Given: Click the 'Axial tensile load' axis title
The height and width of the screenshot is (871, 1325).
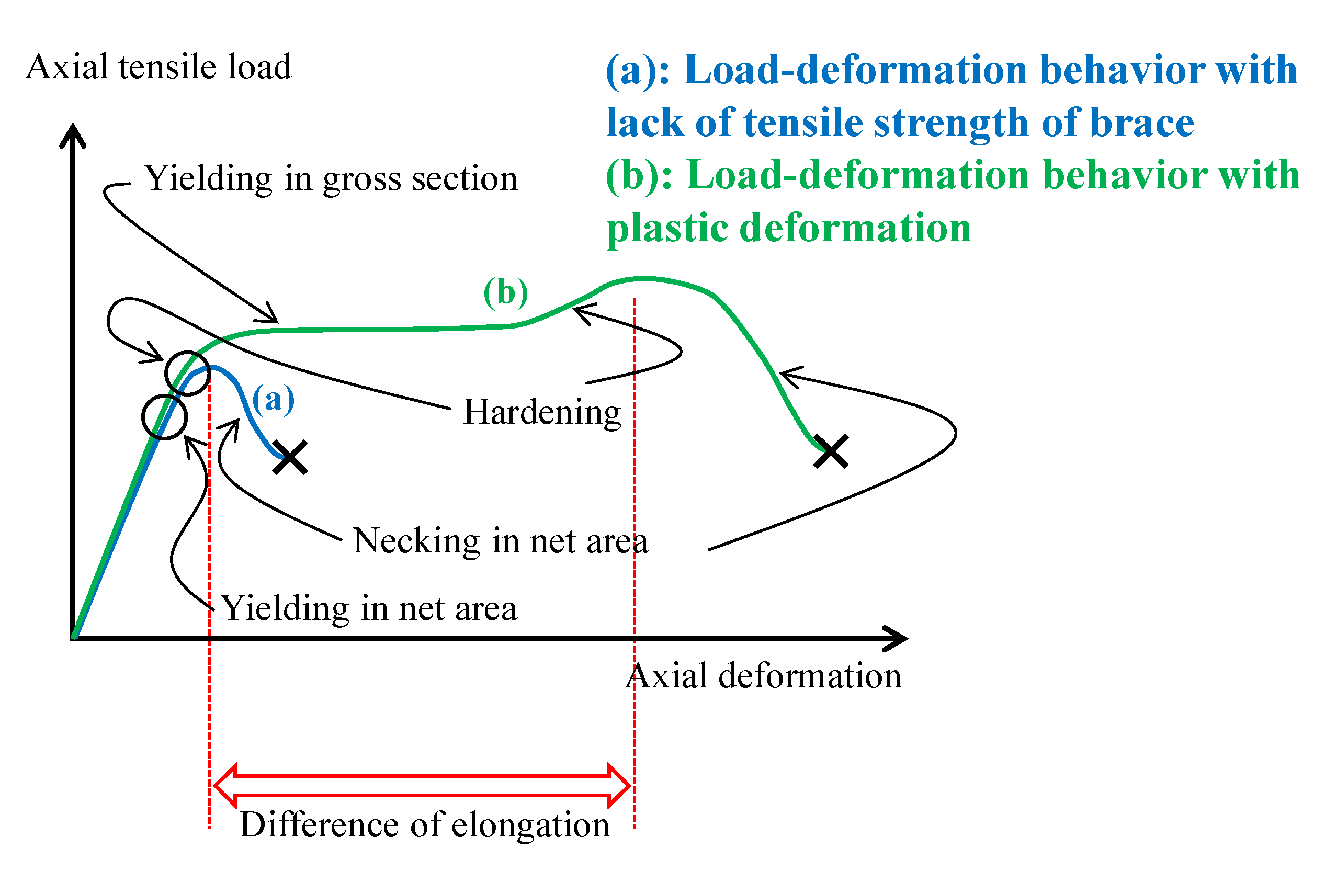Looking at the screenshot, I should tap(158, 67).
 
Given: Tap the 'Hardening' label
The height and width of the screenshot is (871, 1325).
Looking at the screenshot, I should tap(542, 413).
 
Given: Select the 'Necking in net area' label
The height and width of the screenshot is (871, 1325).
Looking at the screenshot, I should tap(501, 541).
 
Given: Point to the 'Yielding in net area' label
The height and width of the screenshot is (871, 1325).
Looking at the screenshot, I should tap(369, 609).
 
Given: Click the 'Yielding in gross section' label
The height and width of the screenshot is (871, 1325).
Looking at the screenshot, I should tap(331, 179).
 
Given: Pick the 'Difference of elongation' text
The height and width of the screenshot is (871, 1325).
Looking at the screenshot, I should tap(425, 825).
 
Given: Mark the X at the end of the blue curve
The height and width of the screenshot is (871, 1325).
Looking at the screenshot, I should tap(290, 458).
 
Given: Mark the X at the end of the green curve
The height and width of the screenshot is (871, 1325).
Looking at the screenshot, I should tap(831, 451).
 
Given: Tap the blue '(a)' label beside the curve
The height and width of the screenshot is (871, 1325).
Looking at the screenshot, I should tap(273, 400).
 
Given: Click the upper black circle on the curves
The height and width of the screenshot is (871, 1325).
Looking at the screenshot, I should tap(188, 373).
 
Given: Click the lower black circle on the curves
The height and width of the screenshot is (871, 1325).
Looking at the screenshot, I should tap(164, 417).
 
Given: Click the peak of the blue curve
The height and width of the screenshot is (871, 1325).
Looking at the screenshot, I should tap(210, 367).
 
